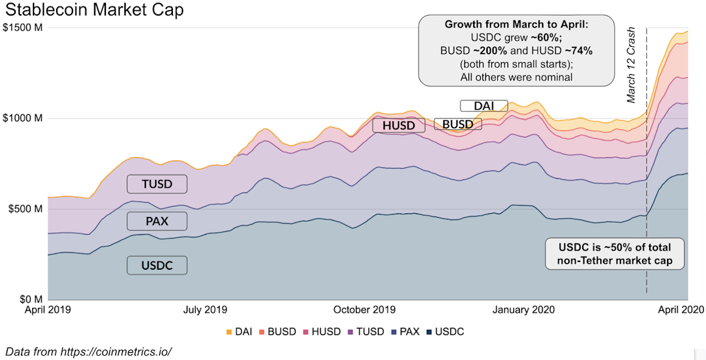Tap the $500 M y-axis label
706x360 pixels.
[x=25, y=209]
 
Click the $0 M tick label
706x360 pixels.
[x=29, y=299]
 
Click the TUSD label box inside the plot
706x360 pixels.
[x=157, y=184]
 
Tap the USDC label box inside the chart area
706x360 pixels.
[x=157, y=266]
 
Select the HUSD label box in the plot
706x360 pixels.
[x=398, y=125]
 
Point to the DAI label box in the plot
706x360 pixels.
[x=483, y=106]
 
